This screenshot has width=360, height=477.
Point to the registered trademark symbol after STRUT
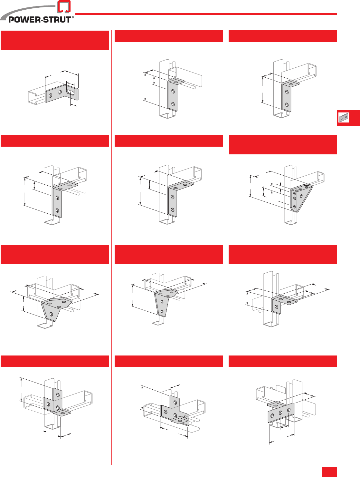pos(72,17)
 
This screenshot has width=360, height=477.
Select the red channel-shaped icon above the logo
pos(64,6)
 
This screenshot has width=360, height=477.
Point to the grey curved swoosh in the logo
pos(26,12)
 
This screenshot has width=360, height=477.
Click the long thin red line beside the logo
pos(206,14)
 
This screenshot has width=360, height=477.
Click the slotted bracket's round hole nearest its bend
pos(60,92)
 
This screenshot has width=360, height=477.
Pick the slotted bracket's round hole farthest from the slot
pos(50,95)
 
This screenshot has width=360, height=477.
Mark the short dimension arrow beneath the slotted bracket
pos(74,105)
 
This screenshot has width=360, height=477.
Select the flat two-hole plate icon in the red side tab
pos(344,118)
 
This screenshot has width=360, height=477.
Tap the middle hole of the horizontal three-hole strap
pos(280,413)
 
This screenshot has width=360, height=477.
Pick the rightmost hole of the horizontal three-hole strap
pos(289,410)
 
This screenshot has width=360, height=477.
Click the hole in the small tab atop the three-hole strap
pos(276,405)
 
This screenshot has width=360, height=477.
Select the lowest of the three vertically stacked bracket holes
pos(295,207)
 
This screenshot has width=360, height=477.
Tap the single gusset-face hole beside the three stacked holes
pos(301,196)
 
